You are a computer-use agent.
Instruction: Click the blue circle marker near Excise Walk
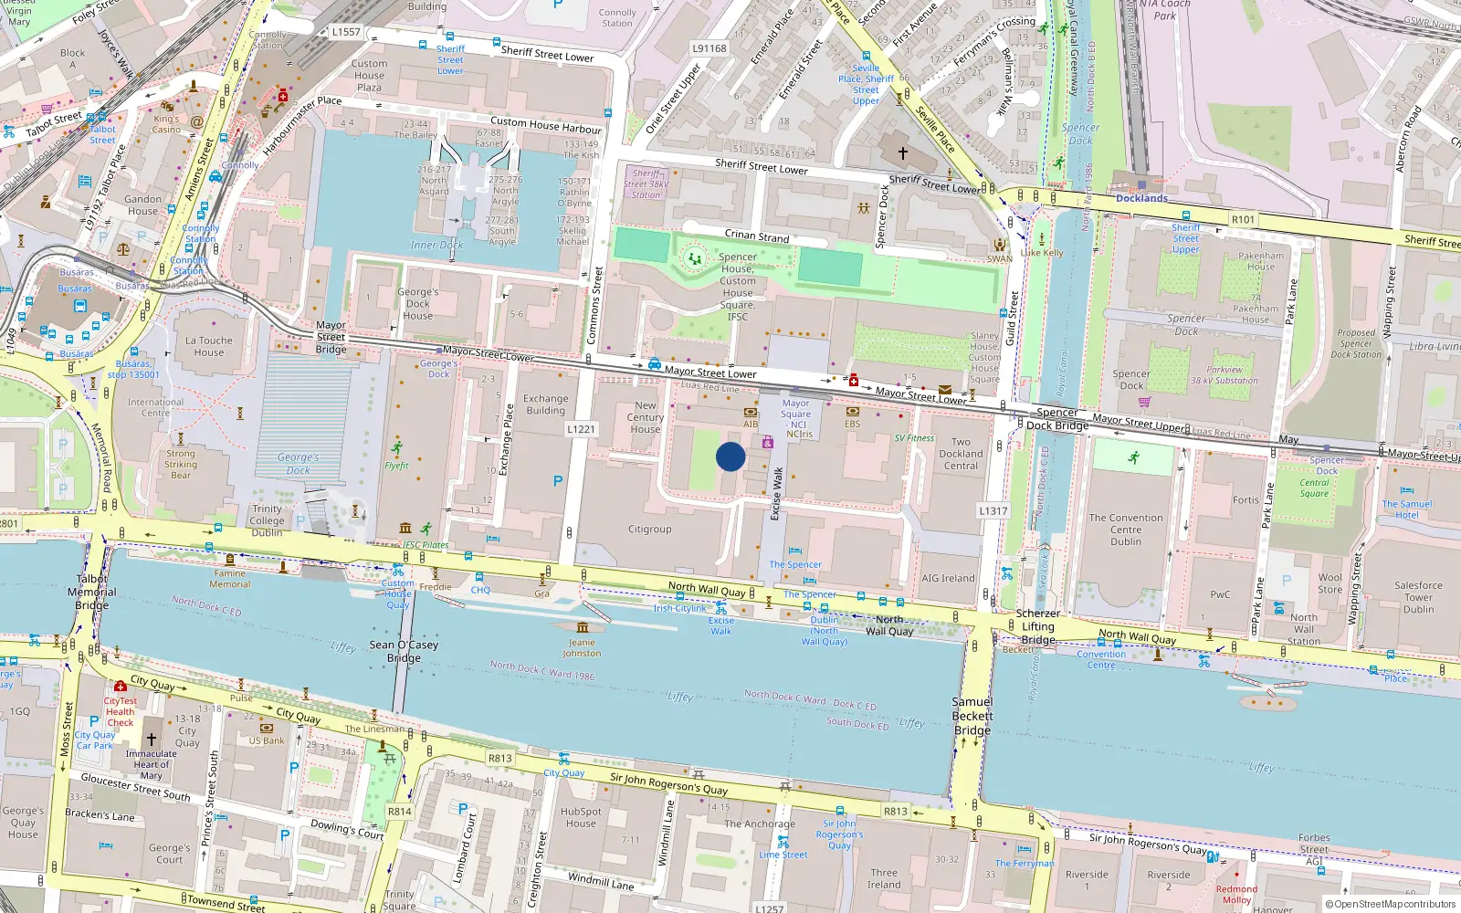730,456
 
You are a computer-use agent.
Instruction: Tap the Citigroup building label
649,530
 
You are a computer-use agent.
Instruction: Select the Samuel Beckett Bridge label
972,716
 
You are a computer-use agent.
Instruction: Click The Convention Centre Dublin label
1125,530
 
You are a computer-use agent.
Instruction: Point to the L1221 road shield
581,429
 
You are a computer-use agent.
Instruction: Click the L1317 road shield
993,511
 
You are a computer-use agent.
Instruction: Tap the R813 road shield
499,758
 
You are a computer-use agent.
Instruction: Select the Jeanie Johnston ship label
582,648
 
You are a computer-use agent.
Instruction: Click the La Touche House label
208,346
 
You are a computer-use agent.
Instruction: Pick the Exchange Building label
546,404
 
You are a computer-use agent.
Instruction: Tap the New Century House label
645,417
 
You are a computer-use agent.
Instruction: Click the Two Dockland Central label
961,454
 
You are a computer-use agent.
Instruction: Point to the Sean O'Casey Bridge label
404,651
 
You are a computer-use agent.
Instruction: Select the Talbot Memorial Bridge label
91,592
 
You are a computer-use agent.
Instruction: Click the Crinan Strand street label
756,236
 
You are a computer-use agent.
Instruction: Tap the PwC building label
1220,594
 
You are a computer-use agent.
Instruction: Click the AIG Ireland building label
948,578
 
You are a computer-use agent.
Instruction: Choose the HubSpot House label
581,817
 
